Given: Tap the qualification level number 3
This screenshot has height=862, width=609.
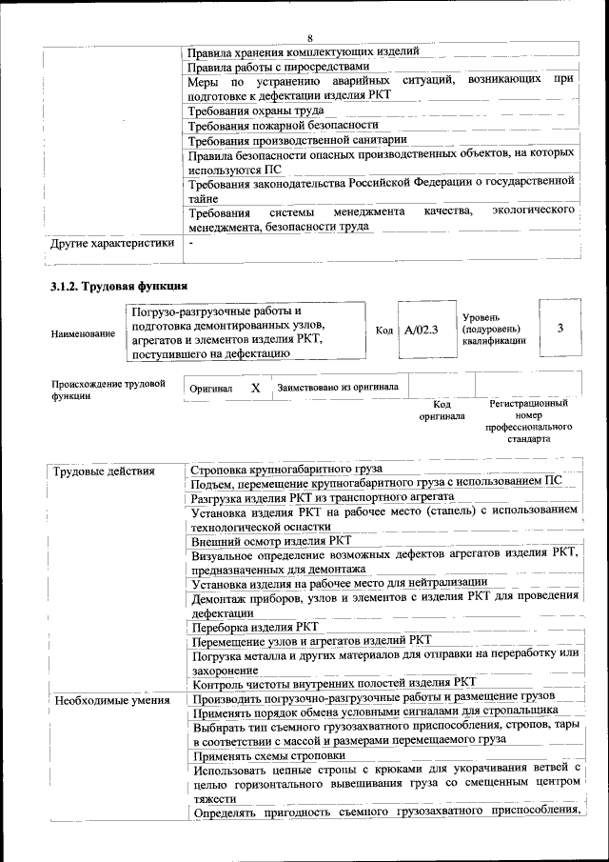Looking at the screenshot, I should [x=560, y=329].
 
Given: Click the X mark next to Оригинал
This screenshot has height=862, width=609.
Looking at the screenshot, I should [x=255, y=389].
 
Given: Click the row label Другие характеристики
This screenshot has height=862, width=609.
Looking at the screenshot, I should [x=113, y=243].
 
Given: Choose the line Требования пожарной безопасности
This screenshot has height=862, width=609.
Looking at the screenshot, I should [x=284, y=125].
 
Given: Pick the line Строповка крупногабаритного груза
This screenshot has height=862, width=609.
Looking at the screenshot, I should [x=286, y=470].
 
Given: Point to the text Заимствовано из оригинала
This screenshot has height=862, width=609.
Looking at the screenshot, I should [x=338, y=388].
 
